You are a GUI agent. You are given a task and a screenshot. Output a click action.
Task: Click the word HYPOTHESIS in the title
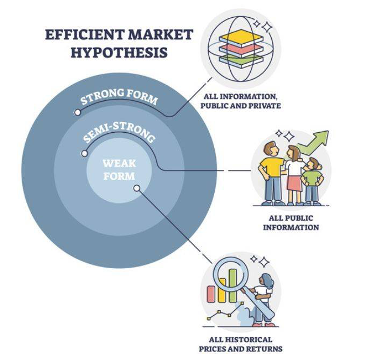(106, 53)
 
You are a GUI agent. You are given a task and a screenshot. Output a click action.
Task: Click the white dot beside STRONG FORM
(78, 113)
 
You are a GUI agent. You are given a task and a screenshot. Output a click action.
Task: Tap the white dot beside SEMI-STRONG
(84, 153)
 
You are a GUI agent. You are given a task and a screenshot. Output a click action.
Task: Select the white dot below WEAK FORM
(136, 188)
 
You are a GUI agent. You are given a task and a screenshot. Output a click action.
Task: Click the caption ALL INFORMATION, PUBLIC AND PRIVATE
(241, 101)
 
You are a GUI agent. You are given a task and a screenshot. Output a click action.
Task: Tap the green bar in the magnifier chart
(233, 283)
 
